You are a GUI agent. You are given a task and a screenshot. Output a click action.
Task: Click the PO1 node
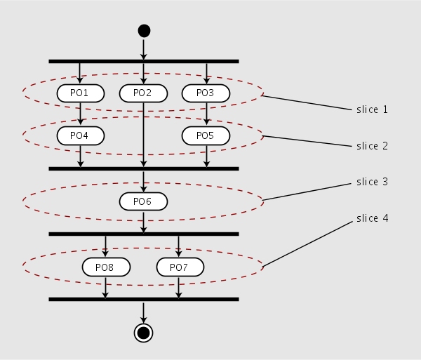[x=81, y=93]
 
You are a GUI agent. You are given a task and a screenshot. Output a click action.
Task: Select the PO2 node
[x=143, y=93]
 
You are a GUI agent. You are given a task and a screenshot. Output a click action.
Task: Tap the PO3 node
[x=206, y=93]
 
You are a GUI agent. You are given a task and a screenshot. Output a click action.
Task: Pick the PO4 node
[x=81, y=135]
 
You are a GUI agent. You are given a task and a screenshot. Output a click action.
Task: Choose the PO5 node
[x=206, y=135]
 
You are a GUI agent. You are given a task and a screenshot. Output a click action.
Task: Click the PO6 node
[x=143, y=201]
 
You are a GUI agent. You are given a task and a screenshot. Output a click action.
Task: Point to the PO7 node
[x=180, y=267]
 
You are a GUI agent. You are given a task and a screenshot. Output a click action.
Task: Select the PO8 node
[x=106, y=267]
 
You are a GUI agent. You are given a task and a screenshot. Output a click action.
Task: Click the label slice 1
[x=372, y=109]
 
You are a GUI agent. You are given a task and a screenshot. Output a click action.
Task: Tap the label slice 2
[x=372, y=146]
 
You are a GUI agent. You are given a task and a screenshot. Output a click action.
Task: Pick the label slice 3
[x=372, y=182]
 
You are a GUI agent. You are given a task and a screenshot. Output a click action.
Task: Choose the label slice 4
[x=372, y=218]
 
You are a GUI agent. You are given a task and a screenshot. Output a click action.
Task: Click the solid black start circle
[x=144, y=30]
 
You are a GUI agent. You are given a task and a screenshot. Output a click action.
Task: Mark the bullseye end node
[x=143, y=332]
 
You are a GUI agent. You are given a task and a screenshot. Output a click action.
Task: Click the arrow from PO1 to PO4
[x=81, y=114]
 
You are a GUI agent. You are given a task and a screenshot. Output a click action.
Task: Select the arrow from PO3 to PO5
[x=206, y=114]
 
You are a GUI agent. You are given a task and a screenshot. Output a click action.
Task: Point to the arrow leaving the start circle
[x=144, y=48]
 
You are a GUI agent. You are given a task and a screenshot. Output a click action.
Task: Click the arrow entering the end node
[x=143, y=312]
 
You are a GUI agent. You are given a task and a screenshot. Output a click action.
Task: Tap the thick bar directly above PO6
[x=144, y=168]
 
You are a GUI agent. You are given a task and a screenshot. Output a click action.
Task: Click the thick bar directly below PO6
[x=144, y=234]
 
